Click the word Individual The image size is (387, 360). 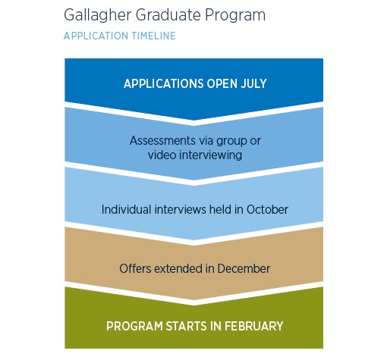[129, 209]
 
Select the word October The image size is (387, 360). [266, 209]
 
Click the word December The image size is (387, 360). [244, 268]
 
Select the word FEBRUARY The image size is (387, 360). [248, 327]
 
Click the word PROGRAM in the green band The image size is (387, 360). [131, 327]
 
